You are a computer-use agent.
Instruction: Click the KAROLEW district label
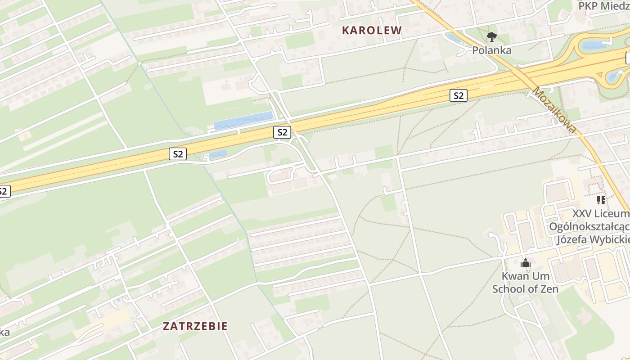coord(371,31)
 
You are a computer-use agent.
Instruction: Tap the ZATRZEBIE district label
coord(195,326)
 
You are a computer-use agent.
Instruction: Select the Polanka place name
coord(491,50)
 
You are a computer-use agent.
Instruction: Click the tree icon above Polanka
coord(492,37)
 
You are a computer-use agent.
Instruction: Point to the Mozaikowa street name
coord(554,110)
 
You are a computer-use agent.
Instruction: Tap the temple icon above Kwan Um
coord(525,263)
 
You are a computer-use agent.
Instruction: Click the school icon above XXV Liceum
coord(601,200)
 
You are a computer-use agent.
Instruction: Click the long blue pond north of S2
coord(243,121)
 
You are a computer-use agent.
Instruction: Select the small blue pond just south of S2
coord(218,154)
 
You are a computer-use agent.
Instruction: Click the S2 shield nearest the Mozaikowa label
coord(458,95)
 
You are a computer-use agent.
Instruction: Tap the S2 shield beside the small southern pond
coord(178,154)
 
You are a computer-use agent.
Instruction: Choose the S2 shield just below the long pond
coord(282,132)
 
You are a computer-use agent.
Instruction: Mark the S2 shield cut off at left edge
coord(4,191)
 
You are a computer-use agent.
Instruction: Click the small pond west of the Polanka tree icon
coord(454,39)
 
